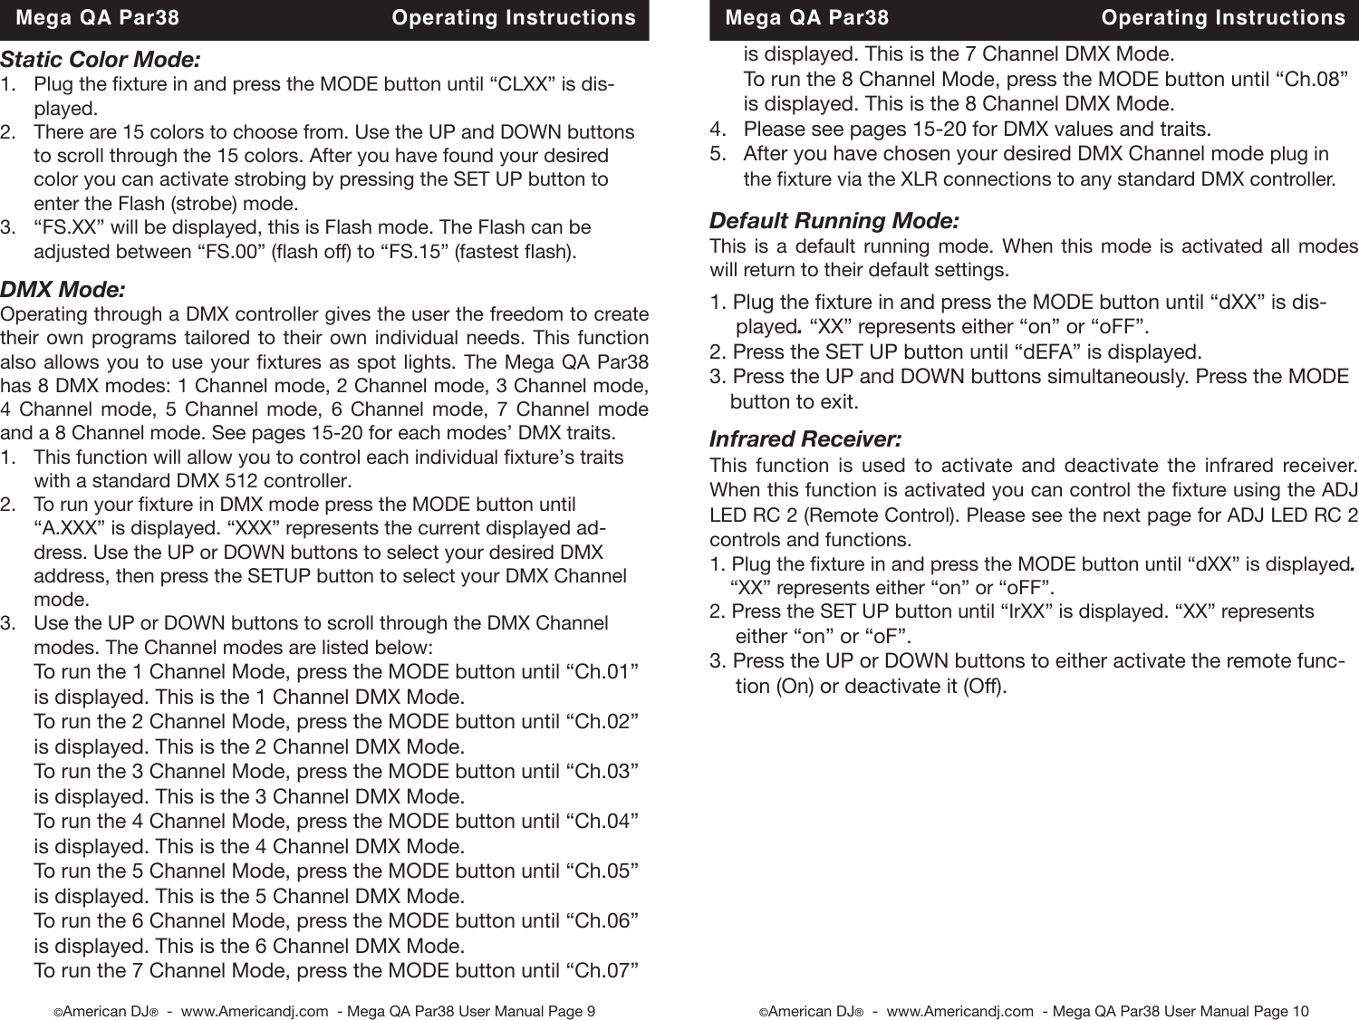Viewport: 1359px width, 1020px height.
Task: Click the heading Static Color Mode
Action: click(101, 61)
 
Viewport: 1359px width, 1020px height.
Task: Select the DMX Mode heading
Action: click(63, 291)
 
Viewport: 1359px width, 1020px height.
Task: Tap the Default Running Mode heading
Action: click(834, 221)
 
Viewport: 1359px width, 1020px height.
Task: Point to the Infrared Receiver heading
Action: click(805, 440)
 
